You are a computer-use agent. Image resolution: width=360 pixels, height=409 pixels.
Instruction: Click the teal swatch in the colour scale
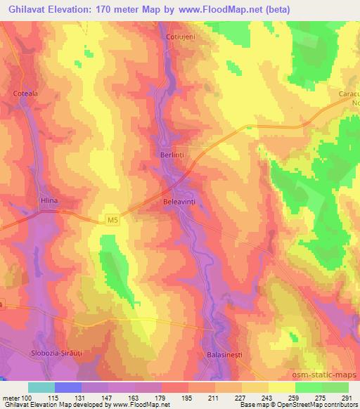click(x=41, y=387)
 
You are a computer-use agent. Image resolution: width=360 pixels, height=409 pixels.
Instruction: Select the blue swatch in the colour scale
click(x=68, y=387)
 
